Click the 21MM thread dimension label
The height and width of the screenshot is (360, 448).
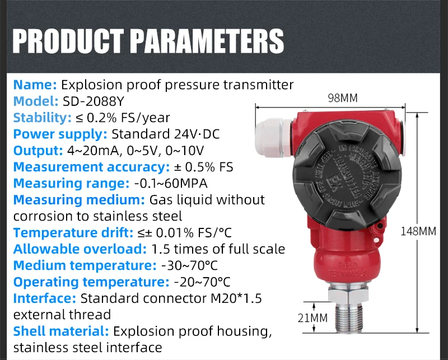click(311, 318)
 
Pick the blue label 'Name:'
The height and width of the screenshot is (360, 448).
click(35, 85)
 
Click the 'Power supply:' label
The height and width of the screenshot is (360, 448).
click(60, 134)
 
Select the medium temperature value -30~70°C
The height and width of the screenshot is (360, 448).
click(189, 265)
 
